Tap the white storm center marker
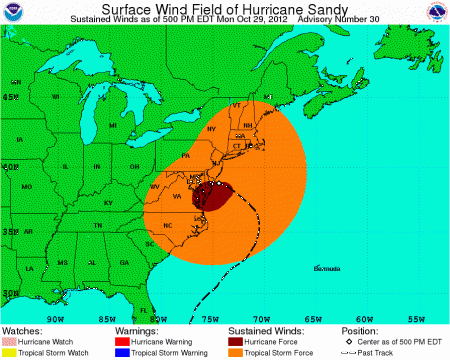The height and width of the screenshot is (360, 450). tap(220, 185)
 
